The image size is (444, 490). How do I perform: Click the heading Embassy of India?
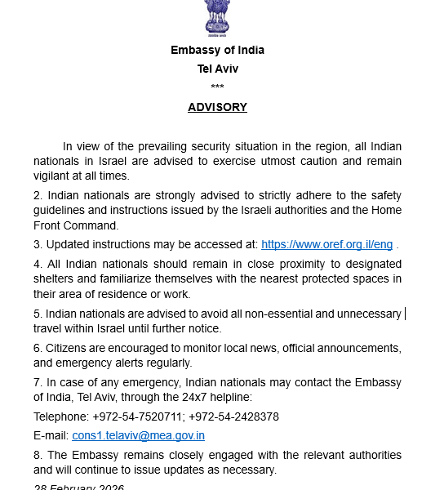[x=217, y=50]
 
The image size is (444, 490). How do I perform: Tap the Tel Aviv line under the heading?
[x=217, y=69]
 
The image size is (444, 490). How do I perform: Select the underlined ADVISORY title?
[x=217, y=107]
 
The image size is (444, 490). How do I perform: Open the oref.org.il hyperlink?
[x=326, y=244]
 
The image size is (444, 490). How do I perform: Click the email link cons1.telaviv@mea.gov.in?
[x=138, y=436]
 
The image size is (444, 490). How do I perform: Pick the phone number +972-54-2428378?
[x=234, y=416]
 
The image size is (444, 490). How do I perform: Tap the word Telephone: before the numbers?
[x=60, y=416]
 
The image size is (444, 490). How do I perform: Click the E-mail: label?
[x=51, y=436]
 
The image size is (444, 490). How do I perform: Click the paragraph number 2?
[x=38, y=195]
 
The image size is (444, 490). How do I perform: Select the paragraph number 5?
[x=38, y=314]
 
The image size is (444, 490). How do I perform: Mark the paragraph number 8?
[x=38, y=455]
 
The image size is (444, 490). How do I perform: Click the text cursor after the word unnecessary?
[x=405, y=314]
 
